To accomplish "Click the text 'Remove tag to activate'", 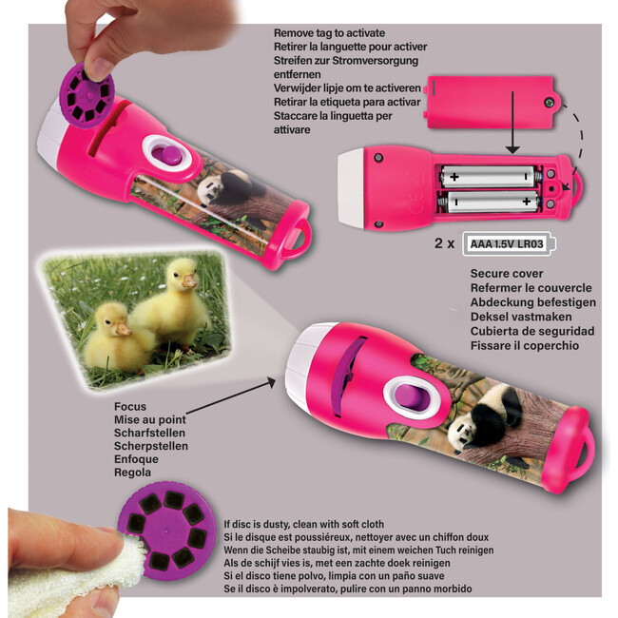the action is click(329, 33).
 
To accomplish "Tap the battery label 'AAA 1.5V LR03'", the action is click(507, 244).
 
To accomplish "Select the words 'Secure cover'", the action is click(507, 274).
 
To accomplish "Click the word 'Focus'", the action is click(130, 406).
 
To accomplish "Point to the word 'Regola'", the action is click(132, 473).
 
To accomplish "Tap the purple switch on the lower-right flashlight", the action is click(410, 398).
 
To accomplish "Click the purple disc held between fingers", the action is click(87, 95).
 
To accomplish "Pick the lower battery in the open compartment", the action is click(489, 202).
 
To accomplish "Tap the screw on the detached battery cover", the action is click(549, 103).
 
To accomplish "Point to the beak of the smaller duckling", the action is click(123, 328).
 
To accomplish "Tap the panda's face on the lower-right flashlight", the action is click(463, 432).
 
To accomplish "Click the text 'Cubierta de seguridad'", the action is click(532, 331).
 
